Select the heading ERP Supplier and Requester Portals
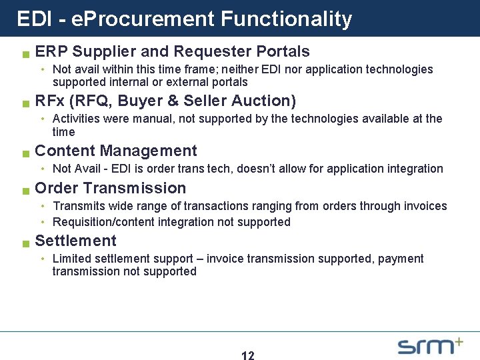click(172, 51)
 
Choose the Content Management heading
click(115, 151)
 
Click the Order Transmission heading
click(110, 188)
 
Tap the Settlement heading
click(75, 241)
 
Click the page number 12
click(247, 355)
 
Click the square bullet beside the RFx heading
click(25, 103)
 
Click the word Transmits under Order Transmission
click(77, 206)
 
